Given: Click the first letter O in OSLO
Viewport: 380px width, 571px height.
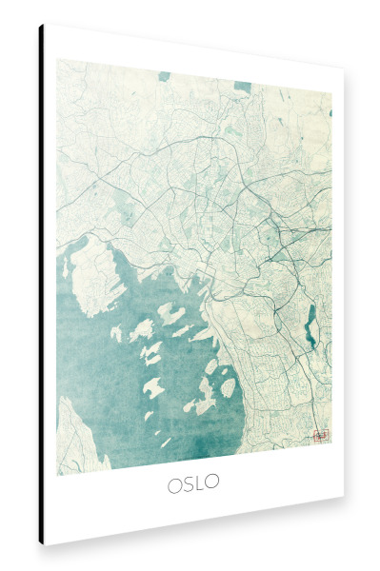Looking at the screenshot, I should [x=175, y=484].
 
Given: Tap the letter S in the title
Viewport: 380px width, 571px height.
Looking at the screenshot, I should [x=189, y=484].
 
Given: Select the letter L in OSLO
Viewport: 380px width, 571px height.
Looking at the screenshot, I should [x=200, y=483].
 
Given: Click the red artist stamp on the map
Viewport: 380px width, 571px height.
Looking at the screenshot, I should [x=321, y=435].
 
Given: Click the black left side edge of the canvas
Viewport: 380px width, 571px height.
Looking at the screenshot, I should [x=41, y=285].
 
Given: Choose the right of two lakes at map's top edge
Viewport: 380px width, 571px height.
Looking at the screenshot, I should [x=244, y=88].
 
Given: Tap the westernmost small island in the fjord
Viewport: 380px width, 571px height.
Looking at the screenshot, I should [x=116, y=334].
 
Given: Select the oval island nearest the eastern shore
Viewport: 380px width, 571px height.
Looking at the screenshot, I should [x=229, y=387].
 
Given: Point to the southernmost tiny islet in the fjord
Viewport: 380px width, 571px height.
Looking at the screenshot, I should [x=166, y=443].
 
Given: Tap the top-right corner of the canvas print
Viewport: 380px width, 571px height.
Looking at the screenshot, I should [x=344, y=70].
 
